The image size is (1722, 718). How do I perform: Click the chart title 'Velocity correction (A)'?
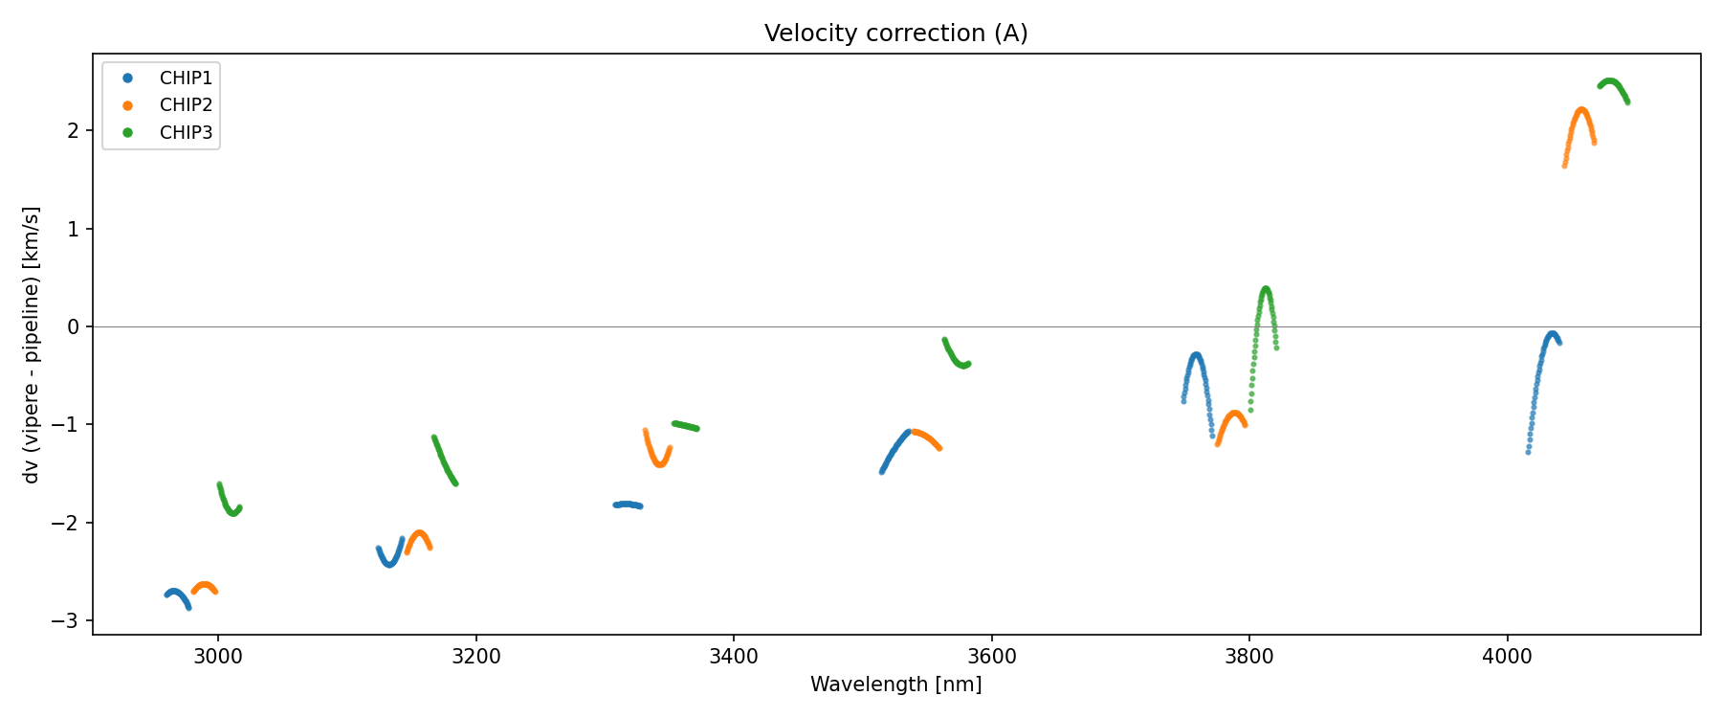895,34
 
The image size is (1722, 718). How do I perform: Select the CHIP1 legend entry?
186,79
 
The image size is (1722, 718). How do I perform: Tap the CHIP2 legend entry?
186,105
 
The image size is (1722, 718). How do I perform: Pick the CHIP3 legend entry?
186,133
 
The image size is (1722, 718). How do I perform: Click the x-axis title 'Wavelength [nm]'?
895,684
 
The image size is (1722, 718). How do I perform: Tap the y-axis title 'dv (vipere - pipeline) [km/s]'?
32,345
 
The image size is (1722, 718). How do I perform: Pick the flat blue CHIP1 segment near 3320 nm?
628,505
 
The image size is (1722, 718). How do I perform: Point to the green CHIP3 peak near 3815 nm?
1266,290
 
